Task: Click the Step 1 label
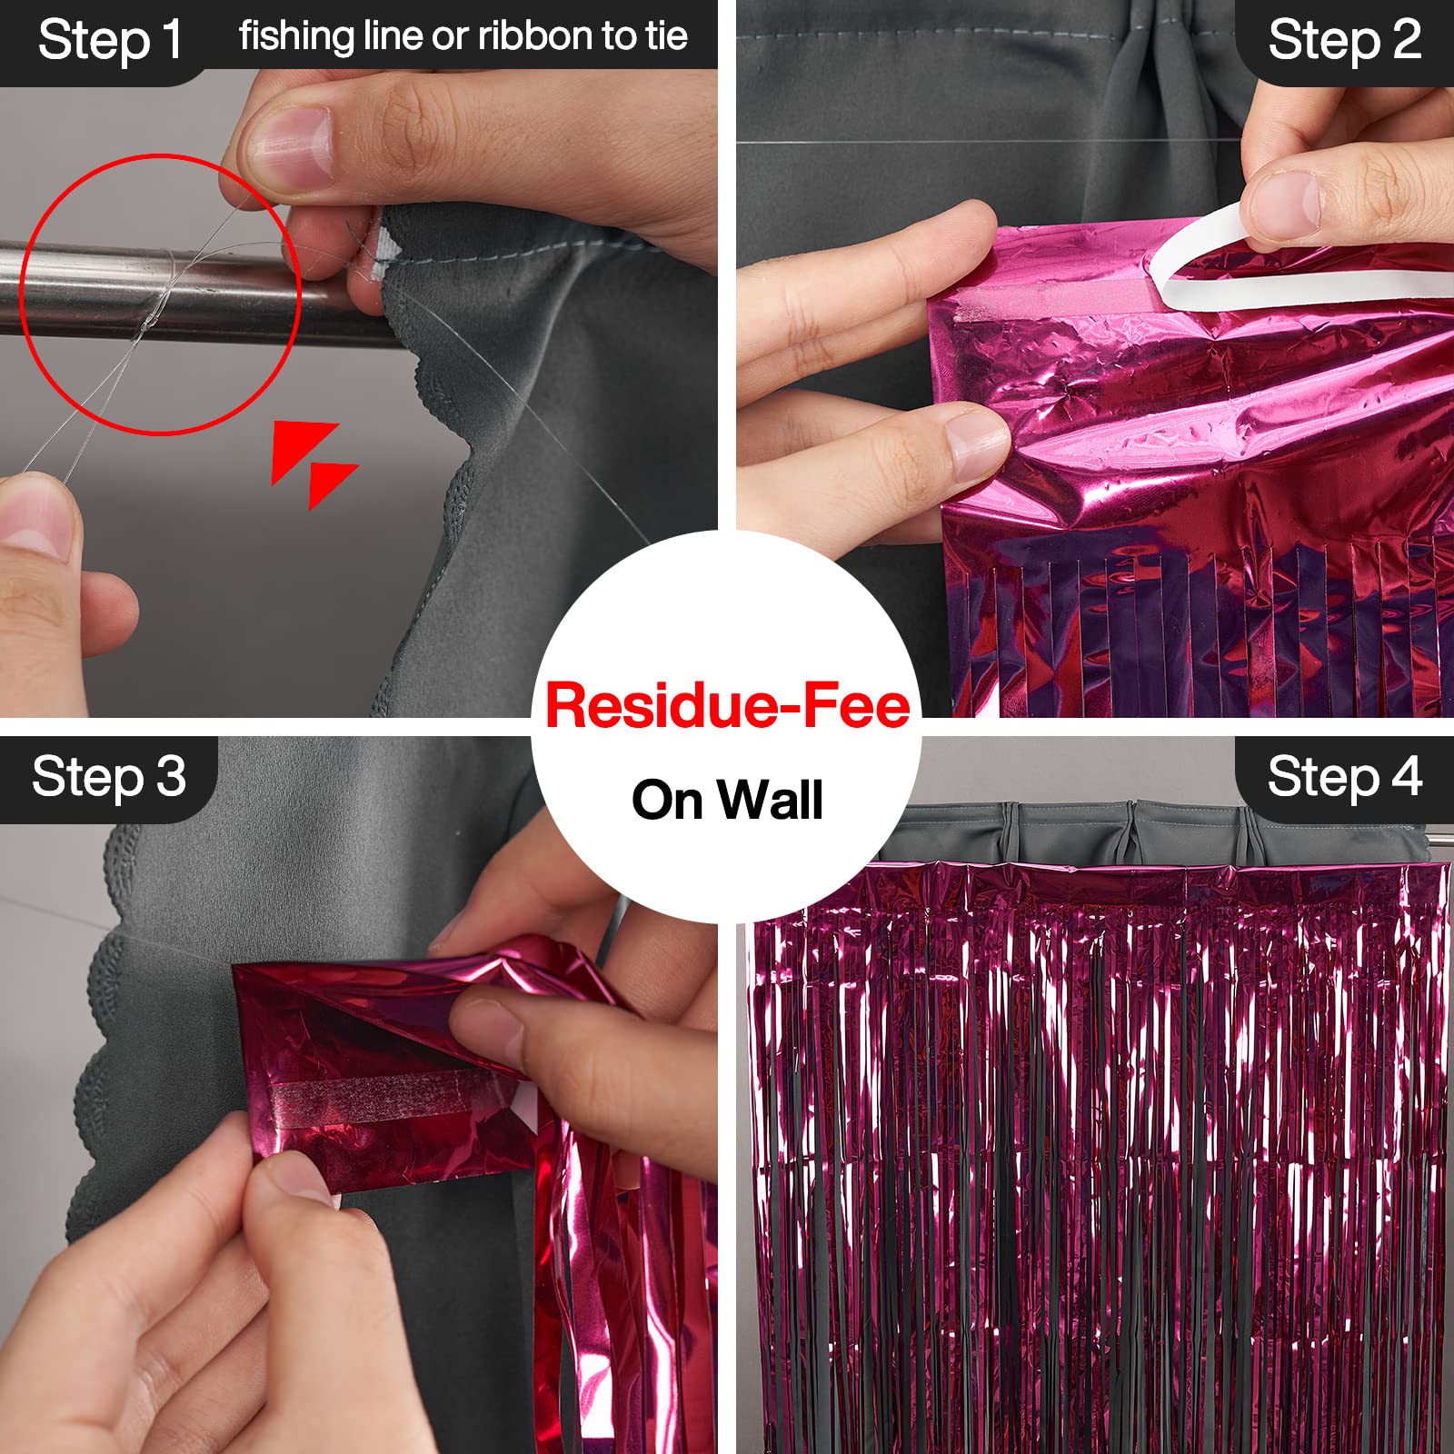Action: [x=110, y=41]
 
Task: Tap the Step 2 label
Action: [x=1344, y=41]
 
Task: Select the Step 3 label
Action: [x=109, y=778]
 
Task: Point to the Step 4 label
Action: [x=1344, y=778]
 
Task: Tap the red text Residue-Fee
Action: [x=727, y=706]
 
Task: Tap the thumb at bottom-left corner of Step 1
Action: [x=36, y=518]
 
